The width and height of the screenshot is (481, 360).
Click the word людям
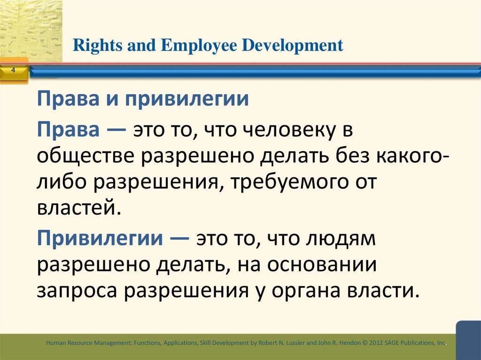(x=334, y=240)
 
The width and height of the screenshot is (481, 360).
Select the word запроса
(x=77, y=291)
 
